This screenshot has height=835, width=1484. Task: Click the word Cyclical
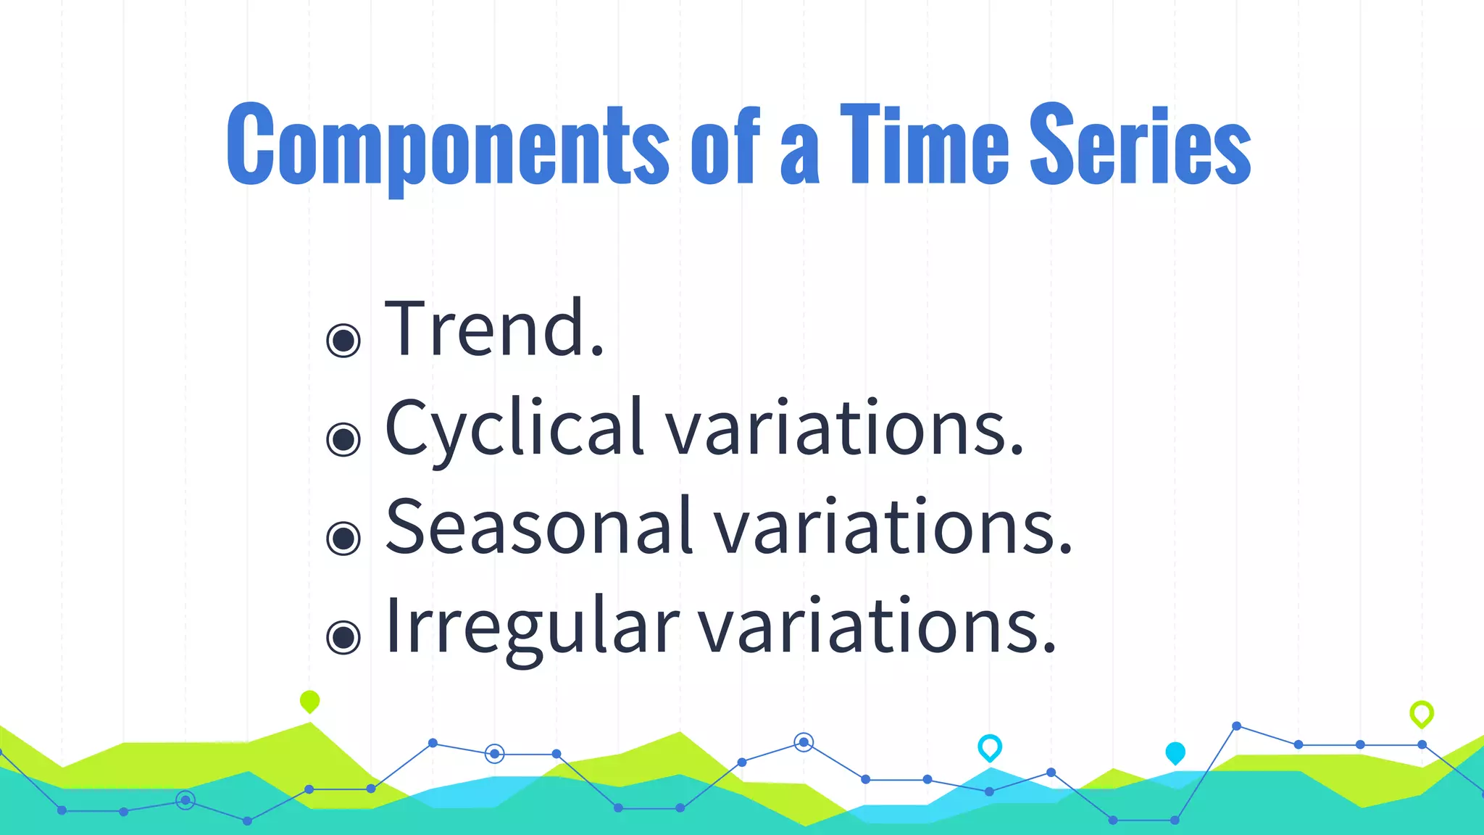(514, 429)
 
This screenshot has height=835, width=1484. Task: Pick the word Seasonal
(539, 527)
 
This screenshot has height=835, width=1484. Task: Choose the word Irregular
(532, 626)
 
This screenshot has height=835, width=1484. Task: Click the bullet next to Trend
(343, 340)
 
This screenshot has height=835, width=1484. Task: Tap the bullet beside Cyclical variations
(343, 439)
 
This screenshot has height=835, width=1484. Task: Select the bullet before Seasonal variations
(343, 538)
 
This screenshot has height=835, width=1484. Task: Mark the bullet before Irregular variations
(343, 637)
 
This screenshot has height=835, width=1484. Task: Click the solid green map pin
(309, 701)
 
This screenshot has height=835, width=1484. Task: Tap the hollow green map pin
(1421, 713)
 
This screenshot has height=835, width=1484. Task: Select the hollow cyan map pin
(989, 747)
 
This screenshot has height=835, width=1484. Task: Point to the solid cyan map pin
(1175, 752)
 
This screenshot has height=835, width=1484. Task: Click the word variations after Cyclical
(844, 429)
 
